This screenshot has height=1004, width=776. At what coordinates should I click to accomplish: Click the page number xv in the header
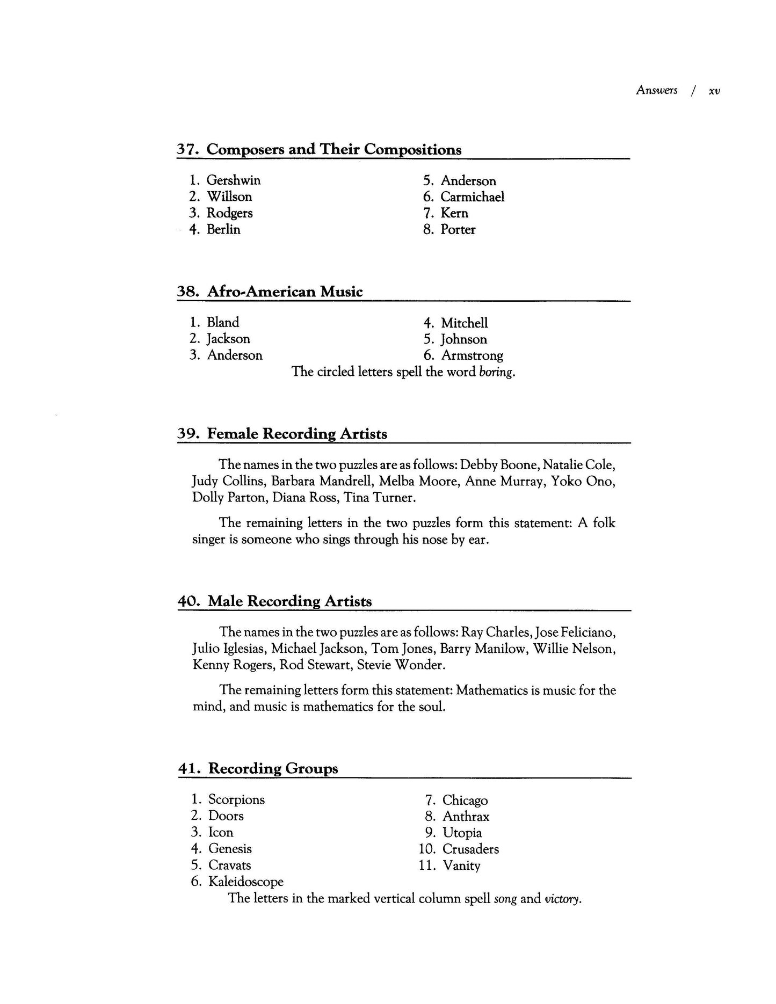tap(714, 91)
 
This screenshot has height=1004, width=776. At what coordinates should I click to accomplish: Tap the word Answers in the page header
tap(656, 90)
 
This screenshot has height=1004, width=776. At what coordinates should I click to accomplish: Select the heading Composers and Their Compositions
tap(333, 149)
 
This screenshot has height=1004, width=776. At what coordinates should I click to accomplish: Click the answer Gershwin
tap(234, 180)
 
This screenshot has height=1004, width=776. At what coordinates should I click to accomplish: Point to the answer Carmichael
tap(473, 197)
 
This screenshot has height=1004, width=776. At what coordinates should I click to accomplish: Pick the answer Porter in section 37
tap(458, 230)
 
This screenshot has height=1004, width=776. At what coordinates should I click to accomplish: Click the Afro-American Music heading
tap(285, 292)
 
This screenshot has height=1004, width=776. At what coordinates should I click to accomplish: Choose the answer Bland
tap(223, 323)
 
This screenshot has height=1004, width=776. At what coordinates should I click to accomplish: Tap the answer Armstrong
tap(472, 355)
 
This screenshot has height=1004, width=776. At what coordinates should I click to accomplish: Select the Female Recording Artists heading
tap(297, 434)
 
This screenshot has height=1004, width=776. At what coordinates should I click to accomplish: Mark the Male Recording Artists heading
tap(289, 601)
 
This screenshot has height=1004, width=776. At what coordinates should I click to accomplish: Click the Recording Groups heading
tap(273, 768)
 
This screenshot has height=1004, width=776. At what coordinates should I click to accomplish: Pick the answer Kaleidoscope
tap(246, 882)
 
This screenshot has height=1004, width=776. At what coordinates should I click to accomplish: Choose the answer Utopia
tap(462, 833)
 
